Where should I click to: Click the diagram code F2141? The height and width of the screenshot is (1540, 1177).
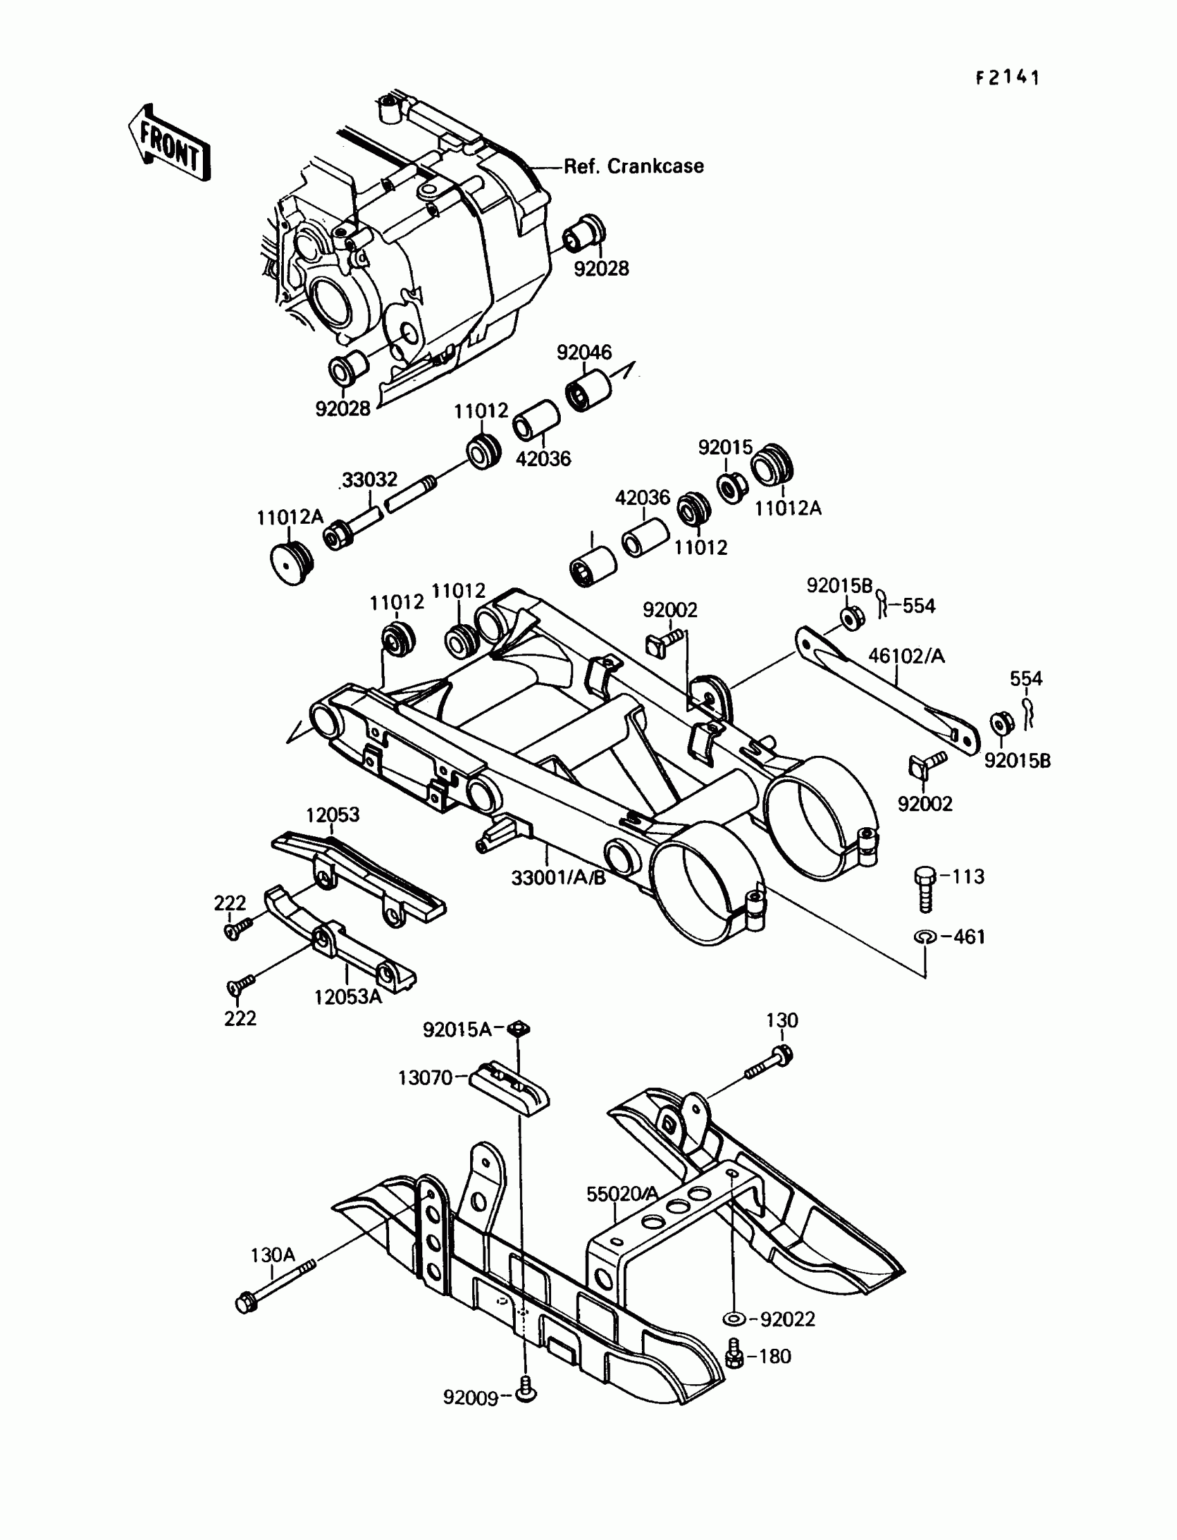[x=1007, y=78]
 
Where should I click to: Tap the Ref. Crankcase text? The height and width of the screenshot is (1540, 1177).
[x=634, y=167]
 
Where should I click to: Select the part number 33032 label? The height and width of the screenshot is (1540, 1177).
[x=370, y=480]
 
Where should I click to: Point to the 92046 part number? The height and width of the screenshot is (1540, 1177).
[x=584, y=353]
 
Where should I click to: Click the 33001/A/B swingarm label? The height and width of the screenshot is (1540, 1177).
[x=558, y=878]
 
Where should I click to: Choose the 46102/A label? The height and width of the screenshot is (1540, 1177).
[x=906, y=656]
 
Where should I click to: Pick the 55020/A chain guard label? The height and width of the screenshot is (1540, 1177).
[x=623, y=1194]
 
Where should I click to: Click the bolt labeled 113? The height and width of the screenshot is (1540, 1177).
[x=925, y=890]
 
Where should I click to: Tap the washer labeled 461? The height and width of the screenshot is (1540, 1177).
[x=925, y=937]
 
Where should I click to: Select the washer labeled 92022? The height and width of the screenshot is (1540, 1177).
[x=733, y=1320]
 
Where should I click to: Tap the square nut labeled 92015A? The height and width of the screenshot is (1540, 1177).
[x=519, y=1029]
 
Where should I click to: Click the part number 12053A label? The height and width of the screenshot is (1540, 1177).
[x=348, y=997]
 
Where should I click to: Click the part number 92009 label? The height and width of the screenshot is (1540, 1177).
[x=470, y=1398]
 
